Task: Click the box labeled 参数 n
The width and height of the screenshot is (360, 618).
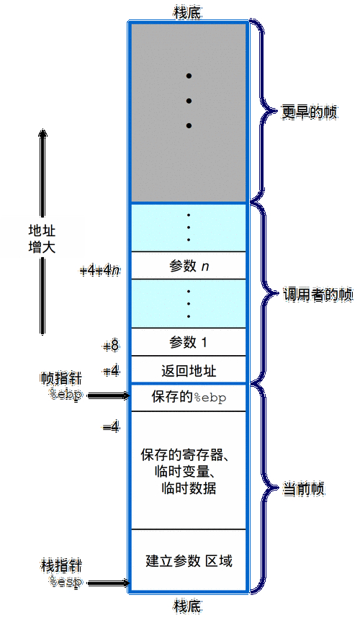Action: click(x=189, y=267)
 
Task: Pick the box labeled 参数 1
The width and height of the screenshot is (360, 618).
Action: click(x=189, y=341)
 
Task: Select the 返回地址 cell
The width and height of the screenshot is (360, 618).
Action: click(x=189, y=371)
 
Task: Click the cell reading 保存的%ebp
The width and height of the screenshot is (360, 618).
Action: click(x=189, y=397)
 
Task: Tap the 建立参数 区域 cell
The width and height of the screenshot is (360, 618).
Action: click(x=189, y=560)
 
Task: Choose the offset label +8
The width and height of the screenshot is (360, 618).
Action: click(x=110, y=346)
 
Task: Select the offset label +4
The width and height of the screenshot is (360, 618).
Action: click(x=110, y=371)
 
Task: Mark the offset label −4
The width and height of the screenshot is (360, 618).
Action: click(x=110, y=427)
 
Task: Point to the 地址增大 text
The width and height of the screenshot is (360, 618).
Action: click(x=42, y=238)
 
